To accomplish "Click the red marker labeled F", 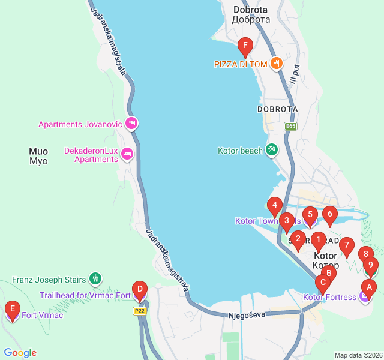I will (244, 46).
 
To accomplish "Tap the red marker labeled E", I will (12, 310).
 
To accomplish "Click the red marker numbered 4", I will (274, 206).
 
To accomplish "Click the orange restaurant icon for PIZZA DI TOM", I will (276, 63).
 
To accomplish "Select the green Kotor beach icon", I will (272, 150).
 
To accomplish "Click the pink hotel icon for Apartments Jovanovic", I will (131, 124).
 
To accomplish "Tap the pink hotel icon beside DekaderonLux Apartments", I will (127, 154).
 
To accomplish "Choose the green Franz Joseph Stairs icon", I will (95, 279).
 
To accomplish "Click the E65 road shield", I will (291, 126).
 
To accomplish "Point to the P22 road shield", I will (140, 311).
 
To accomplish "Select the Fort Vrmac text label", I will (42, 315).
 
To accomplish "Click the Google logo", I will (20, 353).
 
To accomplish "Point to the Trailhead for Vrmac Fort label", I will (85, 295).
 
